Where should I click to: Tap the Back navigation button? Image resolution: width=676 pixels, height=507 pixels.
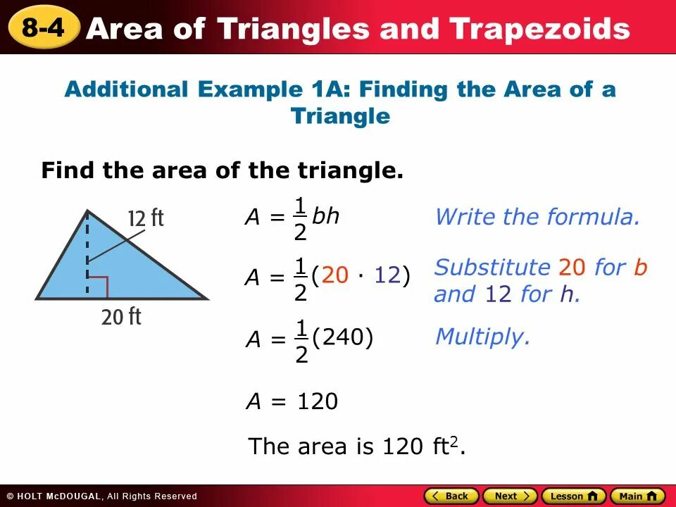[x=451, y=496]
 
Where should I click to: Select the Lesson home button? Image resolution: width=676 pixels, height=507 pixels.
[x=573, y=496]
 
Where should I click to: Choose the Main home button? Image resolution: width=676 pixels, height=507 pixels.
[x=637, y=496]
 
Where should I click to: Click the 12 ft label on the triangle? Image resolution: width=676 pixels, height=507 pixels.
[x=146, y=219]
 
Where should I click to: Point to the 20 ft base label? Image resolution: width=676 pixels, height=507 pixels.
[x=121, y=318]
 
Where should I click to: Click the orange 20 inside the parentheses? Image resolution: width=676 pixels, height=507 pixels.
[x=335, y=276]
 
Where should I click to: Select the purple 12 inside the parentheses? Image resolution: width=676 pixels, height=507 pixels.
[x=387, y=276]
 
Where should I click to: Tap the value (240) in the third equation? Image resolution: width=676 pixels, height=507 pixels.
[x=342, y=339]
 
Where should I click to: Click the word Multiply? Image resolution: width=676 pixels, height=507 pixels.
[x=482, y=337]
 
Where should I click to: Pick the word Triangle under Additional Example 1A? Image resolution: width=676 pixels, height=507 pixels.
[x=340, y=116]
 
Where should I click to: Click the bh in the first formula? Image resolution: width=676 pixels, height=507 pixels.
[x=326, y=216]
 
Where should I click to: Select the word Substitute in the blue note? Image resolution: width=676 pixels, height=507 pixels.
[x=492, y=268]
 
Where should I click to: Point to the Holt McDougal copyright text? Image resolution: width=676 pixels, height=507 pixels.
[x=102, y=496]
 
